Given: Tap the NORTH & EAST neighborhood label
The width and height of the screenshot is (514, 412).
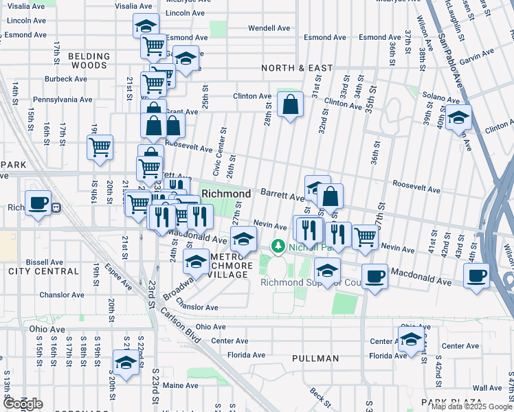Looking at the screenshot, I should click(x=297, y=68).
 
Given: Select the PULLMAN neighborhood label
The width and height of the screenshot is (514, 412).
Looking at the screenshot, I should click(x=315, y=358).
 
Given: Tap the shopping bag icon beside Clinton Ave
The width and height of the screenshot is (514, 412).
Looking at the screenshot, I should click(x=291, y=106).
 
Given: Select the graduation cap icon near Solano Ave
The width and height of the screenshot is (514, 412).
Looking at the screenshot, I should click(x=458, y=117).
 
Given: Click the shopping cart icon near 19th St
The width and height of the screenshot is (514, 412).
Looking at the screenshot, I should click(x=100, y=147).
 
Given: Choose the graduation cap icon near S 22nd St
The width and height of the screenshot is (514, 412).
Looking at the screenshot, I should click(x=126, y=363).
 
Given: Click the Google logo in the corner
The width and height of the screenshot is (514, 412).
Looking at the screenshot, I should click(x=23, y=403).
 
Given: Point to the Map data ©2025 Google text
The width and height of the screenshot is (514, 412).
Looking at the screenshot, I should click(x=471, y=407).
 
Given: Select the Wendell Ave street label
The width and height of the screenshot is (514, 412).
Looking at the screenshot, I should click(x=269, y=28).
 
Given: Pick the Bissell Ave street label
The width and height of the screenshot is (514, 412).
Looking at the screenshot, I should click(x=45, y=262).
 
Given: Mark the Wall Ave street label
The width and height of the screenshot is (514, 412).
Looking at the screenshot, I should click(x=487, y=388).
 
